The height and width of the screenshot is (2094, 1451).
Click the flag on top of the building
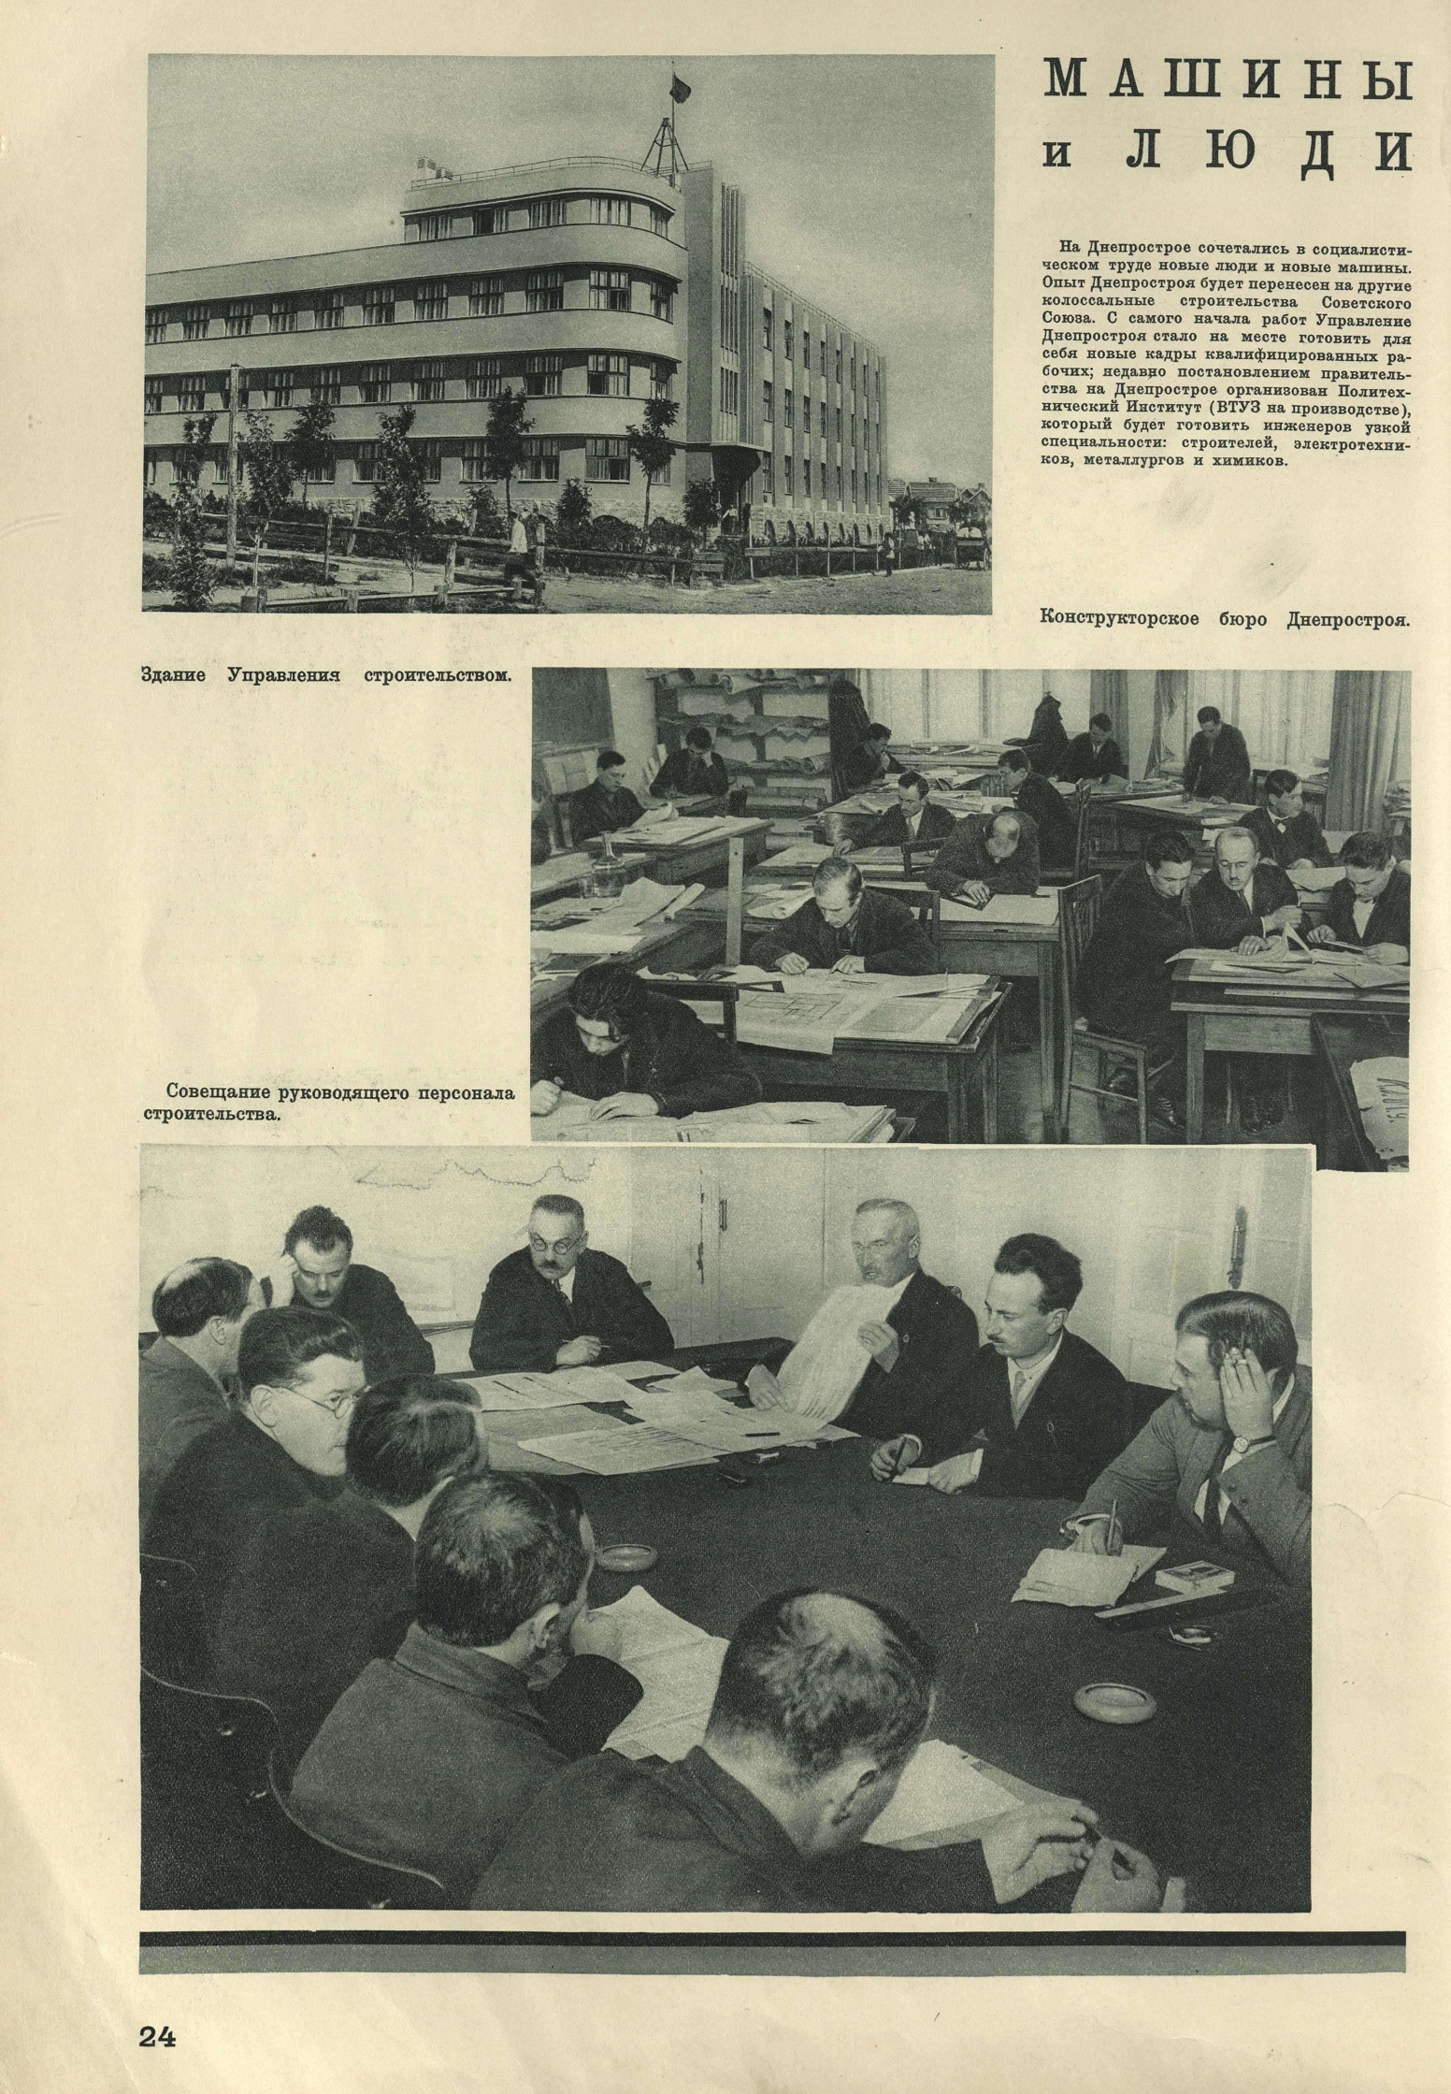click(678, 90)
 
